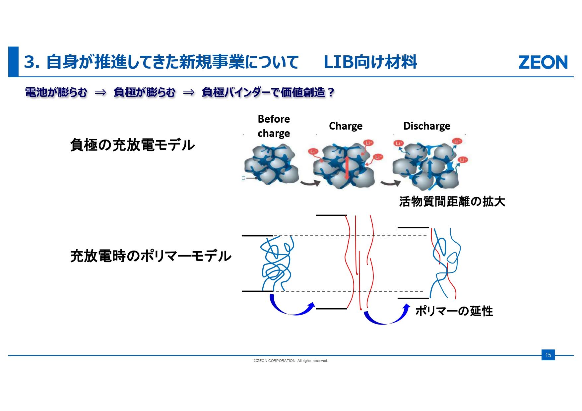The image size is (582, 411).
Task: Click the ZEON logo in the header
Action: click(543, 62)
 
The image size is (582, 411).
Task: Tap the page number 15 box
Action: click(548, 355)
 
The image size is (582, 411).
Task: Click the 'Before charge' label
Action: click(274, 126)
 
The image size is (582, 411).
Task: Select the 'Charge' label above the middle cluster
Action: click(346, 126)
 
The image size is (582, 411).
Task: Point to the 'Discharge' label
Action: click(426, 126)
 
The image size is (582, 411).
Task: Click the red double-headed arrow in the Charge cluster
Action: click(347, 167)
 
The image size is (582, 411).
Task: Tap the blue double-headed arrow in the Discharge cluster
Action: click(430, 169)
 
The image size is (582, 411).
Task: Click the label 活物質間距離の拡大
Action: click(452, 202)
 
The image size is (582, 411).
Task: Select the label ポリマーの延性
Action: click(454, 311)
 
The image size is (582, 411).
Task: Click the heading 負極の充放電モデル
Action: click(132, 145)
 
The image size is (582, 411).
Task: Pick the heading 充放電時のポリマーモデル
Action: click(151, 256)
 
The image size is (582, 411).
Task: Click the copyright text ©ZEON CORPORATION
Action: click(291, 361)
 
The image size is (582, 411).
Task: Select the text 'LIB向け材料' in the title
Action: click(370, 62)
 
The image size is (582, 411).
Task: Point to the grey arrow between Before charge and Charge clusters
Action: click(310, 183)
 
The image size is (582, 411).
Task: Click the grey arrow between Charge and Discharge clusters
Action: click(390, 183)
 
